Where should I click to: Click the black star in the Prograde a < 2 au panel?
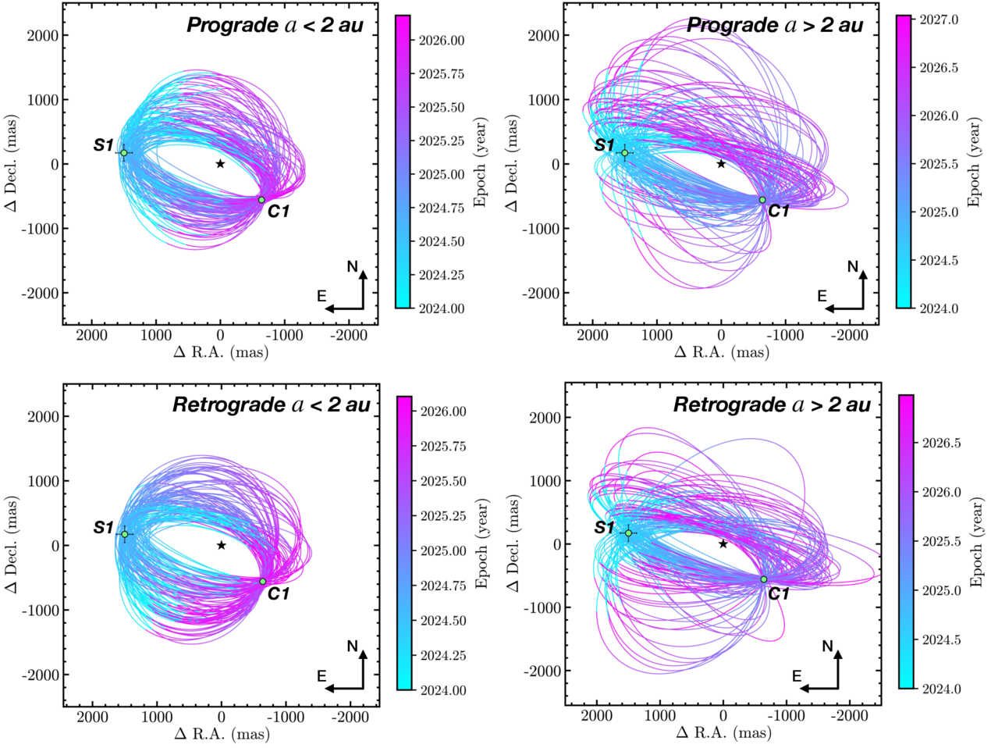coord(220,163)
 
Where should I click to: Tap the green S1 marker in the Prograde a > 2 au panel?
coord(624,153)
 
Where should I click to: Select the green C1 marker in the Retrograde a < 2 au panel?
coord(263,582)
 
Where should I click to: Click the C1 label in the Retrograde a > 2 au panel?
coord(779,594)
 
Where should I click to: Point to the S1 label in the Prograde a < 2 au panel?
coord(104,145)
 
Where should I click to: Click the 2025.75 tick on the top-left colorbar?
coord(441,74)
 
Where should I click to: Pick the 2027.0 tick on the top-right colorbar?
coord(939,20)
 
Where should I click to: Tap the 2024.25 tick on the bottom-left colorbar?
coord(442,656)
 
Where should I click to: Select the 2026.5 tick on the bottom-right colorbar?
coord(941,443)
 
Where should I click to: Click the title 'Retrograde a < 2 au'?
coord(271,404)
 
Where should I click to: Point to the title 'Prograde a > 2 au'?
coord(775,25)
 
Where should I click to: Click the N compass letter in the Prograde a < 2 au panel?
coord(353,267)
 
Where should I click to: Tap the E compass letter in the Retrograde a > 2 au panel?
coord(797,676)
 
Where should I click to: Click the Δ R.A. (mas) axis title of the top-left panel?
coord(221,352)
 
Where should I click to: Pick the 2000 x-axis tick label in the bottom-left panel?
coord(93,717)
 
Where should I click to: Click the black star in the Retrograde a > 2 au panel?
coord(723,543)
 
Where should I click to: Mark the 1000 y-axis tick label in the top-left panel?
coord(41,100)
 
